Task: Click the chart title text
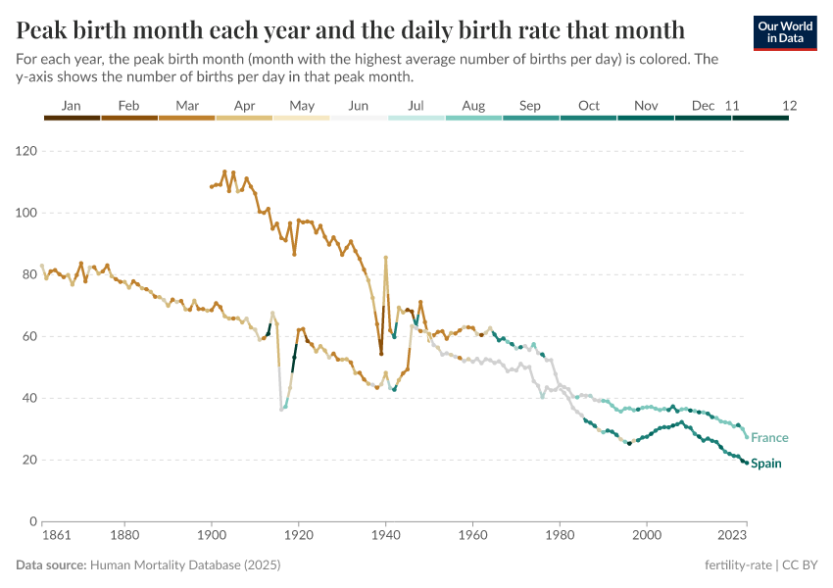pyautogui.click(x=350, y=27)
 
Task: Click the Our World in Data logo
pyautogui.click(x=785, y=32)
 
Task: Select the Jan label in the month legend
pyautogui.click(x=72, y=105)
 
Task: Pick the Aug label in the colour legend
pyautogui.click(x=473, y=105)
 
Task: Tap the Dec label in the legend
pyautogui.click(x=703, y=105)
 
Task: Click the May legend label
pyautogui.click(x=302, y=105)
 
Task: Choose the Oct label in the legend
pyautogui.click(x=589, y=105)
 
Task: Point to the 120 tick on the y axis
pyautogui.click(x=25, y=151)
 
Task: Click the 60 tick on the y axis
pyautogui.click(x=29, y=336)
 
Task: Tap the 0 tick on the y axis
pyautogui.click(x=33, y=521)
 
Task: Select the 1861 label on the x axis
pyautogui.click(x=42, y=536)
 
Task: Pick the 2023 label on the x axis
pyautogui.click(x=732, y=536)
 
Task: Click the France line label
pyautogui.click(x=769, y=438)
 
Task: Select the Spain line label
pyautogui.click(x=766, y=464)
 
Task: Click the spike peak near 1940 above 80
pyautogui.click(x=386, y=258)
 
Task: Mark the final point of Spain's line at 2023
pyautogui.click(x=746, y=463)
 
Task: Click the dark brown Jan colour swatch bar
pyautogui.click(x=72, y=118)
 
